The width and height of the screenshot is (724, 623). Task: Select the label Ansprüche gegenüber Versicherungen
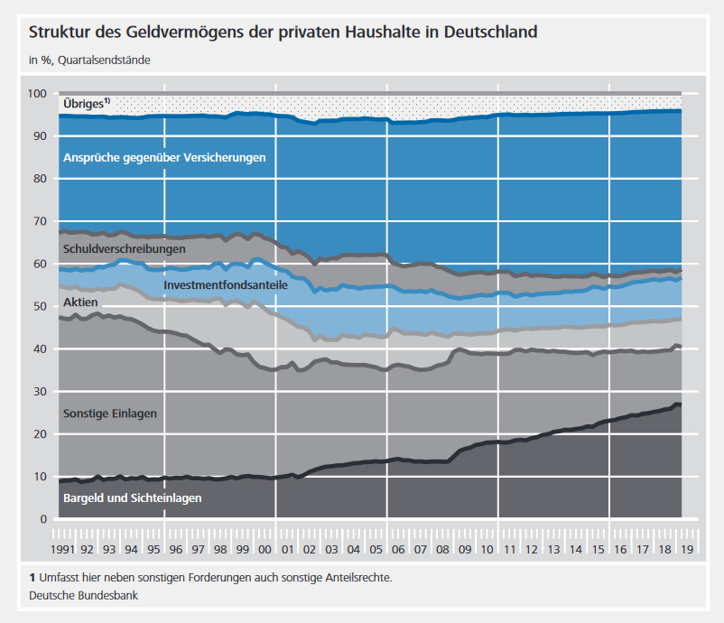point(164,157)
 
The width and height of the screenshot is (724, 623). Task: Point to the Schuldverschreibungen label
point(124,248)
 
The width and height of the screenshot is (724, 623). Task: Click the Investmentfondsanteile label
point(226,284)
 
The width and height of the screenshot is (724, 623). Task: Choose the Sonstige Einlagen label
point(110,414)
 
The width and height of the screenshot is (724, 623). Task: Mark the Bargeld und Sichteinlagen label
point(132,497)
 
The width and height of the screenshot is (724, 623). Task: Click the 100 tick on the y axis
point(37,94)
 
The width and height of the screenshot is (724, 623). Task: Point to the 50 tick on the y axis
point(40,307)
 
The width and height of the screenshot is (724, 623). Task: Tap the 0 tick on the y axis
point(42,519)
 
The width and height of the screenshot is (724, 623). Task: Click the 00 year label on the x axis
point(265,548)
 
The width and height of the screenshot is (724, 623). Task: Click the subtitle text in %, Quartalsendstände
point(89,60)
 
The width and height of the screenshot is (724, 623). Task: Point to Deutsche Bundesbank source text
point(83,596)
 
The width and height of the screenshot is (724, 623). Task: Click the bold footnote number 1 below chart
point(32,577)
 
